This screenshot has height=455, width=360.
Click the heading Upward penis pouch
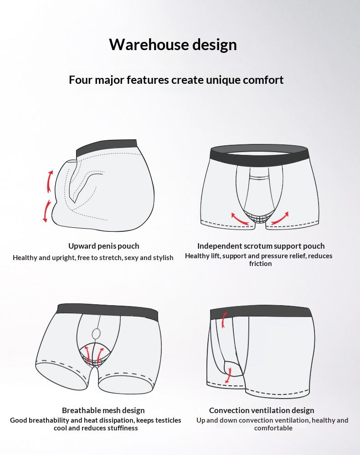pos(103,246)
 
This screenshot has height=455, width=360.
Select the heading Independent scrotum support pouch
pos(261,246)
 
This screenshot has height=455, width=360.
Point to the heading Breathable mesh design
pos(103,410)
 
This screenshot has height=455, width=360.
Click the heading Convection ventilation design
pos(262,410)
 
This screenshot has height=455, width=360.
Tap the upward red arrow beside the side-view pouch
pos(50,181)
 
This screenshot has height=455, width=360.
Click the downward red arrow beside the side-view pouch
pos(47,211)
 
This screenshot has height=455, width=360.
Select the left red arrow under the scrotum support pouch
pos(240,219)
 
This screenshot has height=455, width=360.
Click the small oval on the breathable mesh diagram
pos(97,334)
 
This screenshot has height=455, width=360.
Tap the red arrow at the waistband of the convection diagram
pos(224,320)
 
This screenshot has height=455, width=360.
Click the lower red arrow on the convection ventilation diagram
pos(229,375)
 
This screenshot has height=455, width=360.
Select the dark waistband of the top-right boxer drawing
pos(259,153)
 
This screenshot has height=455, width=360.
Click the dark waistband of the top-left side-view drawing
pos(106,147)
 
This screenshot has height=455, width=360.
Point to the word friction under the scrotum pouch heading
pos(260,264)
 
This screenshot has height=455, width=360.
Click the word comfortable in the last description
pos(273,428)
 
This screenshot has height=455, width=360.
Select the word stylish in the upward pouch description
pos(163,258)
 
